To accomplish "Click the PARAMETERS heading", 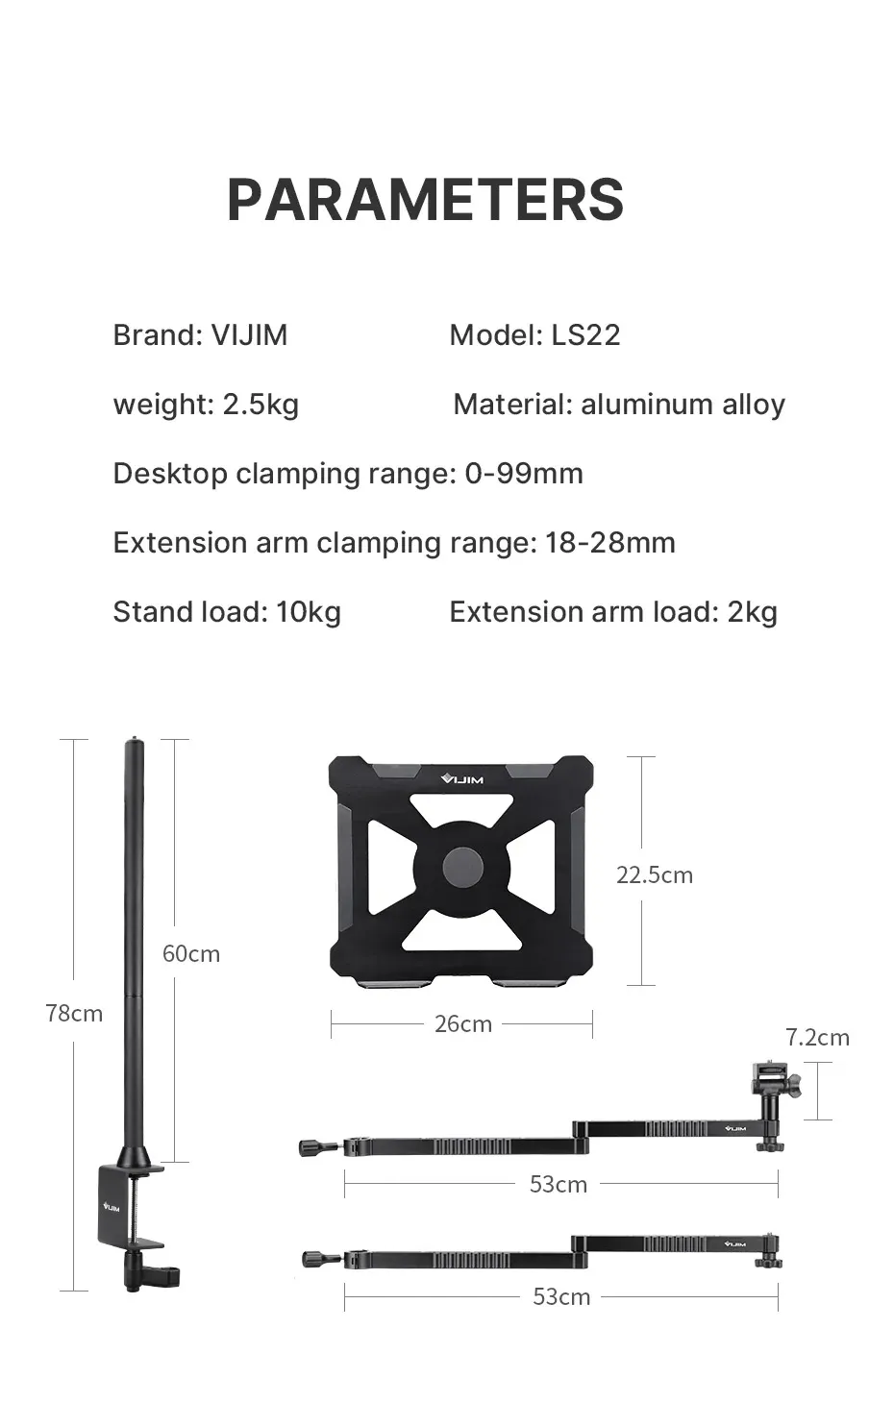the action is point(425,200).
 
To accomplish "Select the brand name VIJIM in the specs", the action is point(249,335).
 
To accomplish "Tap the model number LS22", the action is point(585,335).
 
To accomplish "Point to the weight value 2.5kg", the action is point(261,405).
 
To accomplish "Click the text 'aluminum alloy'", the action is point(683,405).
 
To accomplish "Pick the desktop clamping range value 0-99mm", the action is point(524,474).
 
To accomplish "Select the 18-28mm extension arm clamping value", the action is point(609,543).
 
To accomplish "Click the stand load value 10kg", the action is point(309,612).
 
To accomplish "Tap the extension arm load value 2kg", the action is point(752,612).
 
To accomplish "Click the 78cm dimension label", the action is point(74,1013).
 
